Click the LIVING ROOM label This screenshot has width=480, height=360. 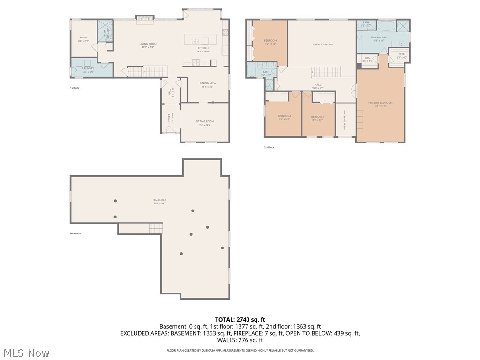point(148,44)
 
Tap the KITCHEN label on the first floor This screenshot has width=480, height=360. point(202,48)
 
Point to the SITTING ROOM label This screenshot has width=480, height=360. point(205,121)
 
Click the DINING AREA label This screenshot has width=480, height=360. point(208,83)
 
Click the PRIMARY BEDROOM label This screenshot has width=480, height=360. point(380,103)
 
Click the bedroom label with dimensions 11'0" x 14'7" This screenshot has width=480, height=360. point(270,41)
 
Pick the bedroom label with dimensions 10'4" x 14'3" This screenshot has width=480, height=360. point(317,116)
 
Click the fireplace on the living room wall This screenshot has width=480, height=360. point(144,18)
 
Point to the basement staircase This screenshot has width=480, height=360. point(156,228)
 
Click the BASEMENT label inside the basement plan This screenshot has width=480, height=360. point(159,200)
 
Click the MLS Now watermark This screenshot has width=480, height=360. point(26,352)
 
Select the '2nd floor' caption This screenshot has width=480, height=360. point(269,147)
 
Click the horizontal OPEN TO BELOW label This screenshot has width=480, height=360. point(322,45)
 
